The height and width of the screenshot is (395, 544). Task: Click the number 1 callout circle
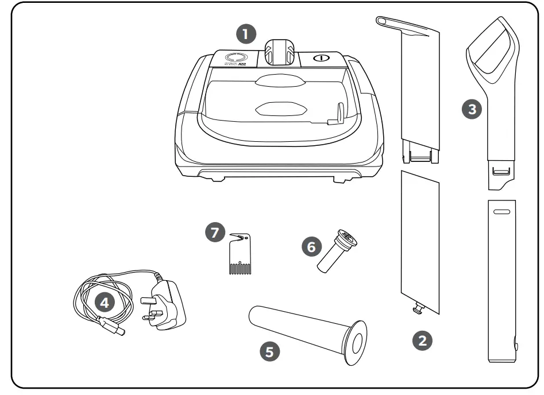[x=246, y=34]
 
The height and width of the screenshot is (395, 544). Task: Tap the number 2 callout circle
[x=422, y=340]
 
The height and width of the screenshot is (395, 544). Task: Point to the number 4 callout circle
[x=104, y=303]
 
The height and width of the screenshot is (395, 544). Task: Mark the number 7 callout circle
[x=214, y=233]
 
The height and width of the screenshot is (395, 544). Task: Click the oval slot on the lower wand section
[x=501, y=211]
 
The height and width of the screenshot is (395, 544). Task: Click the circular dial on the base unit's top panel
[x=234, y=58]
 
